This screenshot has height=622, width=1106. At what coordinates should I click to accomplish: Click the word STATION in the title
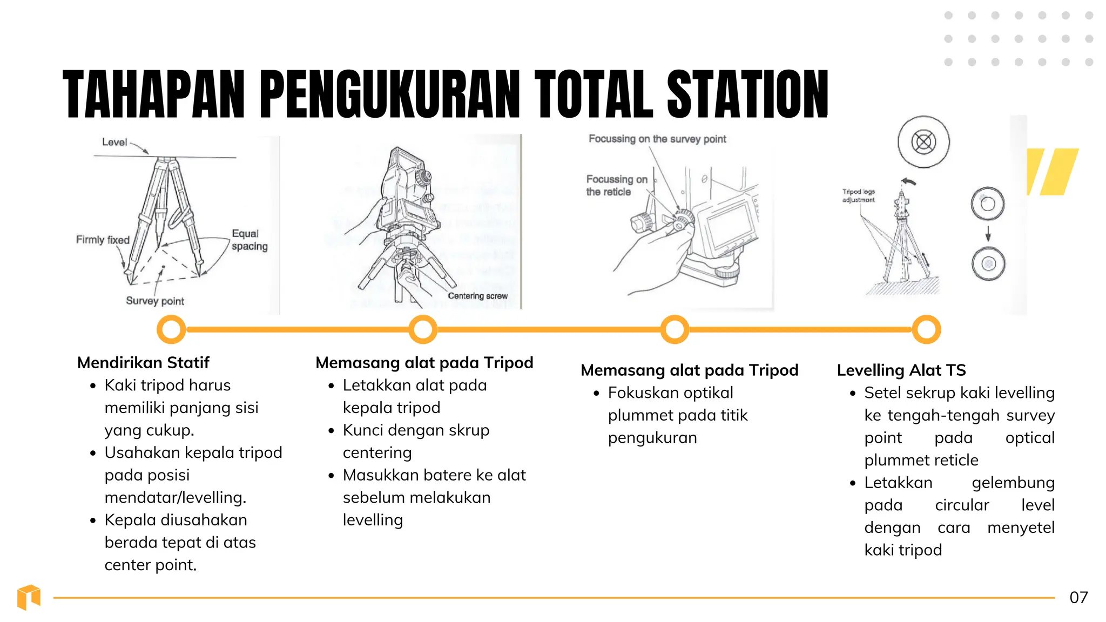[x=747, y=94]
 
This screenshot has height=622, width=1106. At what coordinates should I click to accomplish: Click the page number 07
[x=1078, y=597]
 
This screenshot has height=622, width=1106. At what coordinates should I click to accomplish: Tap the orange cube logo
[x=29, y=597]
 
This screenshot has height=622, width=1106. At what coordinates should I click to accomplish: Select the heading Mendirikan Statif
[x=143, y=362]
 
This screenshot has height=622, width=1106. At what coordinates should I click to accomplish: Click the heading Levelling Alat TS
[x=901, y=370]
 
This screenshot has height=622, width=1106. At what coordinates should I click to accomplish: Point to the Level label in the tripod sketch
[x=114, y=142]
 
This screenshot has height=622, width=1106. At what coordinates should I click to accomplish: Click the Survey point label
[x=155, y=301]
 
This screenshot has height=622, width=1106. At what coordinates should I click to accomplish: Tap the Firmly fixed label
[x=103, y=240]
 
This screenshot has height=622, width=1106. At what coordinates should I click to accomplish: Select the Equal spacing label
[x=249, y=240]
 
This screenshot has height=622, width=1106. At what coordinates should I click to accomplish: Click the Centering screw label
[x=477, y=296]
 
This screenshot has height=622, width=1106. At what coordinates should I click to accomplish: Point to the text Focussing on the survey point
[x=657, y=139]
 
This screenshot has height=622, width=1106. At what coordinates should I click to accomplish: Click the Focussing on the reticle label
[x=616, y=185]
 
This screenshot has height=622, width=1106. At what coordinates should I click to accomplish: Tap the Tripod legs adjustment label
[x=858, y=195]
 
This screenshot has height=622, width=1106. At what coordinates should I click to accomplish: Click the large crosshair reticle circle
[x=923, y=142]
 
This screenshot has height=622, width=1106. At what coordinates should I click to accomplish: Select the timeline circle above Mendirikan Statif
[x=171, y=329]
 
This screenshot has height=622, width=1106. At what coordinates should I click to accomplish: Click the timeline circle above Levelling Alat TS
[x=926, y=329]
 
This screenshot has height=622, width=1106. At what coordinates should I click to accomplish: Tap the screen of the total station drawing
[x=730, y=227]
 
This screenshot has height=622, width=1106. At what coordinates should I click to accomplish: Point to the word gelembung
[x=1013, y=483]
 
